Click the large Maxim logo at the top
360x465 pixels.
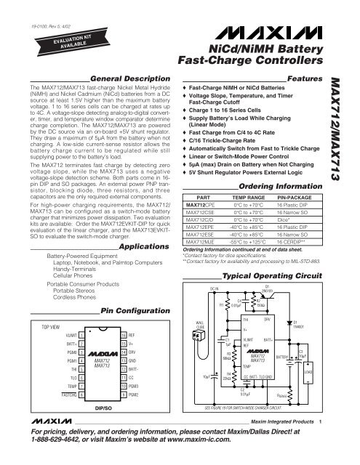point(266,33)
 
